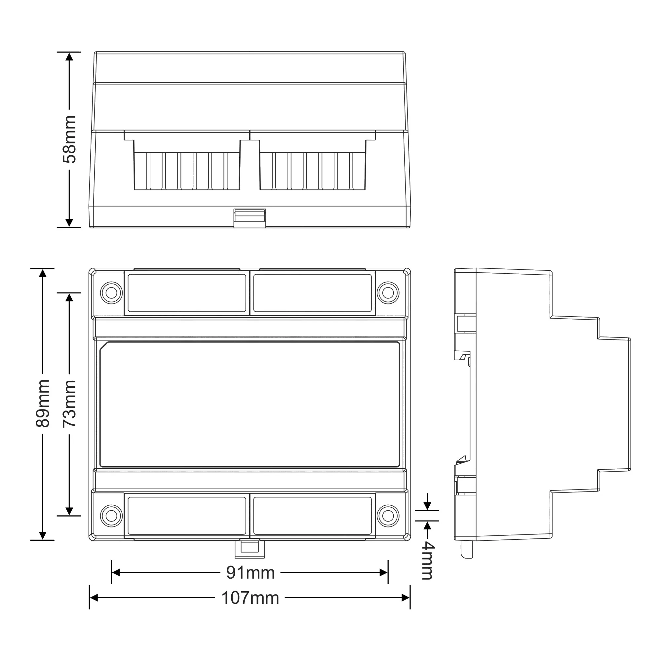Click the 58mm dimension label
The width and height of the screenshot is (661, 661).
69,139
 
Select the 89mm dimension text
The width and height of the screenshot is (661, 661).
43,404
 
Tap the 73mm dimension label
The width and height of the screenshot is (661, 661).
69,404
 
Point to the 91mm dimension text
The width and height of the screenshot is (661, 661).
251,573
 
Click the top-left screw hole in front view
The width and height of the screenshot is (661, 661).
111,293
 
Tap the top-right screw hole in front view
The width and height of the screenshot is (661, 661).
388,293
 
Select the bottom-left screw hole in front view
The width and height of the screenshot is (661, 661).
111,516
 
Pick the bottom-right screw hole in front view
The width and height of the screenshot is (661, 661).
388,516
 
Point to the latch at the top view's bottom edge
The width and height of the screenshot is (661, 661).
250,218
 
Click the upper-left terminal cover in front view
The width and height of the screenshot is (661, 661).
187,293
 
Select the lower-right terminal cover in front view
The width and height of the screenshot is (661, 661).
312,516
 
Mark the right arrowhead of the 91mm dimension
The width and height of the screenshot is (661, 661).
383,573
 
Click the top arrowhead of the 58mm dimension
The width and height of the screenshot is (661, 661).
69,57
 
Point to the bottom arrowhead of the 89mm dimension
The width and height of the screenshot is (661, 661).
43,535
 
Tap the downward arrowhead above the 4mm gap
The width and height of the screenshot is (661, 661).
427,506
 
